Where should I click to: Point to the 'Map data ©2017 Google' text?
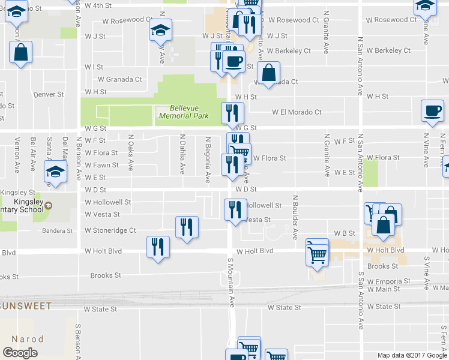(x=412, y=355)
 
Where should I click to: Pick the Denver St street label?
(x=49, y=95)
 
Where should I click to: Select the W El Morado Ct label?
(x=297, y=112)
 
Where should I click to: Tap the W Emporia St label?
(x=388, y=281)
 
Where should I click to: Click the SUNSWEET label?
(x=26, y=305)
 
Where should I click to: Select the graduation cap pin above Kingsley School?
(x=55, y=173)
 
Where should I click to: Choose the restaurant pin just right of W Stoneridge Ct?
(x=187, y=227)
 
